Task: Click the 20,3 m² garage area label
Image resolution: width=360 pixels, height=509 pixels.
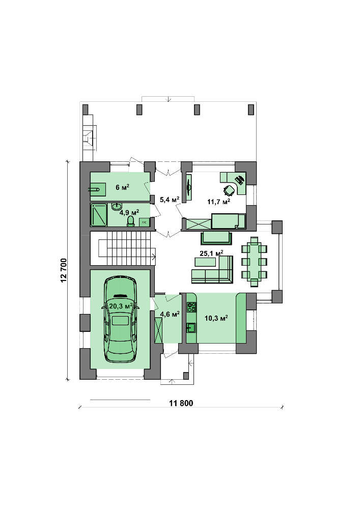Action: [121, 306]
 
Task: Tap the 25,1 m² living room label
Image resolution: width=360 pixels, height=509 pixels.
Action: [211, 253]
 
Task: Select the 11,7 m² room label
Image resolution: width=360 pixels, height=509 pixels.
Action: [219, 202]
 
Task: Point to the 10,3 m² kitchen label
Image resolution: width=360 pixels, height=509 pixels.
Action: [216, 318]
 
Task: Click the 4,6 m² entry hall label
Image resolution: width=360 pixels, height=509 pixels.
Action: [170, 314]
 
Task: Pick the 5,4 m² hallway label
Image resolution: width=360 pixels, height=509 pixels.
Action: [170, 200]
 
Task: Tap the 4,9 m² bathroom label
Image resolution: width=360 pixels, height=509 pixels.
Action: [129, 213]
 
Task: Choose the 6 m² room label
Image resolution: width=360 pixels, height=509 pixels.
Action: [123, 187]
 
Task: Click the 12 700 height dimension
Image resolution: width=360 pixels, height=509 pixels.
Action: [63, 270]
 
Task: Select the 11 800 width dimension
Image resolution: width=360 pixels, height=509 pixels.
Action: [181, 403]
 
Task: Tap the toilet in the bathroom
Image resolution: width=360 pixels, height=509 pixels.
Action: [130, 221]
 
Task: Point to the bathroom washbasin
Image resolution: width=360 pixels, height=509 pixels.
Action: [117, 206]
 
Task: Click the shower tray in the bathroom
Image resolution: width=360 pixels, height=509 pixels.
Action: [99, 215]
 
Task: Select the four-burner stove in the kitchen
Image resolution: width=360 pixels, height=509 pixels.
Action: [191, 307]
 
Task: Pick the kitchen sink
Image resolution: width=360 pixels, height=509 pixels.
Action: [191, 328]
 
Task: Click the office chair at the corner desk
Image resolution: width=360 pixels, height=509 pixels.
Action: [230, 190]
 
